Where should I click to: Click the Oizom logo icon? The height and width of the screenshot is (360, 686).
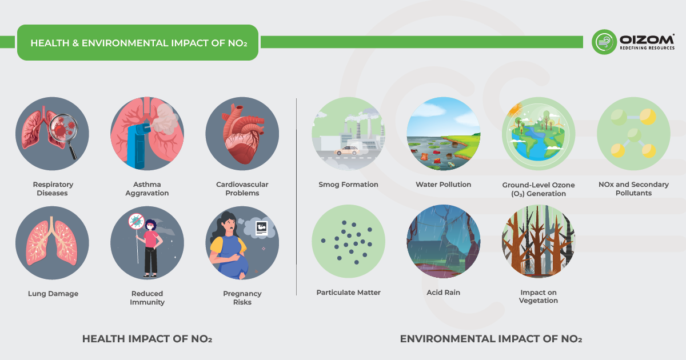[x=604, y=42]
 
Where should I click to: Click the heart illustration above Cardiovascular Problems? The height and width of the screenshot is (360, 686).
[x=242, y=135]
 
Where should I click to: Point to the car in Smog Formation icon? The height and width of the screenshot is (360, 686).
[x=346, y=150]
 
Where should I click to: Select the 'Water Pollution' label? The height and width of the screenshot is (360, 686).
[x=443, y=185]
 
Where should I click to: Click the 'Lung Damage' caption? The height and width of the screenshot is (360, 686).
[x=53, y=294]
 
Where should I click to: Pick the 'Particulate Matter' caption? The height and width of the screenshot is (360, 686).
[x=348, y=293]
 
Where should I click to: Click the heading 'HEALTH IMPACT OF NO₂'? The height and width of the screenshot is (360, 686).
[x=147, y=339]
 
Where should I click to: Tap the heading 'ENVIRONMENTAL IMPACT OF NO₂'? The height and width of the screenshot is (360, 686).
[x=490, y=339]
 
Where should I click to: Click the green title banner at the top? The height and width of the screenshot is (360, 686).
[x=138, y=43]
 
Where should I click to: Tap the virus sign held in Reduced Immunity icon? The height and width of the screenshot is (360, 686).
[x=135, y=221]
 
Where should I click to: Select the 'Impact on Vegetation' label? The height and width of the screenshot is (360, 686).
[x=538, y=297]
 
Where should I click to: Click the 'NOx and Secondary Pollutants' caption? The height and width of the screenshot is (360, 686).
[x=633, y=189]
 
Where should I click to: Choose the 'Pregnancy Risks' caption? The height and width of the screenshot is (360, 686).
[x=242, y=298]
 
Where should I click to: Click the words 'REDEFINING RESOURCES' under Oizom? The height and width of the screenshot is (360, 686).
[x=647, y=48]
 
